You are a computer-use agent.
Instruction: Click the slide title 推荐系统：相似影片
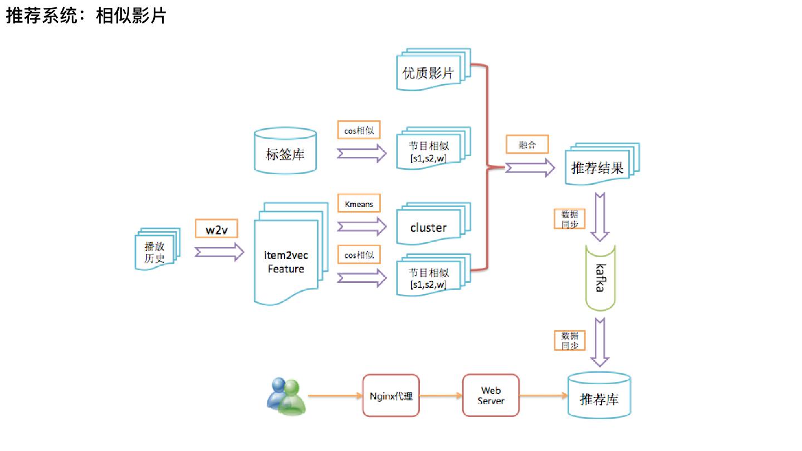[x=86, y=16]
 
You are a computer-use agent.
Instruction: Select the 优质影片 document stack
[x=433, y=70]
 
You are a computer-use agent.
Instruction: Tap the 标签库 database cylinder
[x=285, y=151]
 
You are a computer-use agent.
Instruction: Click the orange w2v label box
[x=216, y=229]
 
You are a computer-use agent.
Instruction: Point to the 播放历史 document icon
[x=157, y=249]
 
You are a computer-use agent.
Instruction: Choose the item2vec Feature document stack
[x=291, y=254]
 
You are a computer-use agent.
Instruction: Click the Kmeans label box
[x=359, y=203]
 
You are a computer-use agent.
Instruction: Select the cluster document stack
[x=433, y=224]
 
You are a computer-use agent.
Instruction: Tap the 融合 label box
[x=527, y=144]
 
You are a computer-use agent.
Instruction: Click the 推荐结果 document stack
[x=602, y=164]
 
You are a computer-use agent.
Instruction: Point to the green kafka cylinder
[x=600, y=278]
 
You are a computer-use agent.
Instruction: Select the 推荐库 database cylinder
[x=599, y=395]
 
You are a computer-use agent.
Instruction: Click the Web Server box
[x=491, y=395]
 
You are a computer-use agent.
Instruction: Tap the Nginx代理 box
[x=391, y=395]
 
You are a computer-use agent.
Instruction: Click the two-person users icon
[x=286, y=396]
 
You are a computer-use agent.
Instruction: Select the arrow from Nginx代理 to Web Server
[x=441, y=395]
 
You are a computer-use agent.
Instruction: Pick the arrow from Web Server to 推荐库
[x=544, y=395]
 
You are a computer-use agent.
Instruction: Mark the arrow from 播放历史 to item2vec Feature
[x=219, y=252]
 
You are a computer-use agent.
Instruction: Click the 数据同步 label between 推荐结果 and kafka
[x=569, y=219]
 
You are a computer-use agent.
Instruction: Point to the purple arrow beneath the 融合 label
[x=530, y=168]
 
